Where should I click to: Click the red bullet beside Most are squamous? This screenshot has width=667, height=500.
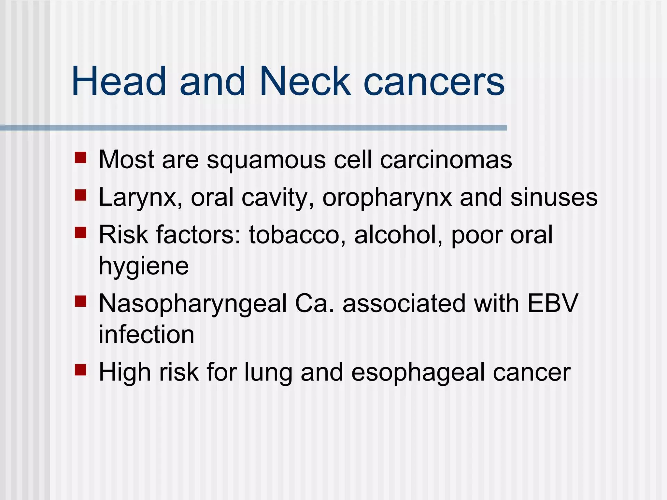[80, 158]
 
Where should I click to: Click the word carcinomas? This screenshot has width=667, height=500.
[446, 160]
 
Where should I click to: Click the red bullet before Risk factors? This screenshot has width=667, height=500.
[80, 233]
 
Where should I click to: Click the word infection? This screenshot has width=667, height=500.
[146, 334]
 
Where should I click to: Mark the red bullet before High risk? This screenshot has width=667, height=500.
[80, 370]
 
